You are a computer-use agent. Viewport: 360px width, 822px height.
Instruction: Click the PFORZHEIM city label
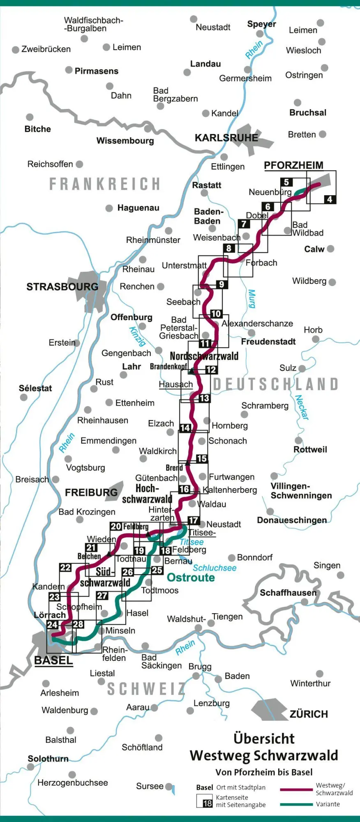293,166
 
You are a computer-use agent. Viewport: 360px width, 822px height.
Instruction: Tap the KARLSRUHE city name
226,138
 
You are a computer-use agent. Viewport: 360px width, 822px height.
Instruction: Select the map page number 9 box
222,284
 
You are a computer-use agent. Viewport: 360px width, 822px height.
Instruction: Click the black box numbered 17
193,520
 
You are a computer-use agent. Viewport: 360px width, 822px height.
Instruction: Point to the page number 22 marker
65,568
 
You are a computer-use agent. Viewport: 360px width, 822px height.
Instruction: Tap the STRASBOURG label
62,287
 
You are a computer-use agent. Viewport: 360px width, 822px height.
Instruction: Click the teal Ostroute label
191,577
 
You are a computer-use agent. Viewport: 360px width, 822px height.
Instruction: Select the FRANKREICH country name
105,184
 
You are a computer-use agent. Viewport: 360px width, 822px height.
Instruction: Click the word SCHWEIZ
146,689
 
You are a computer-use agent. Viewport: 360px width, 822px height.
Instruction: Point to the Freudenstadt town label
268,342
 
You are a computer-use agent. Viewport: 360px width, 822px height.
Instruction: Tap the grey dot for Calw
330,249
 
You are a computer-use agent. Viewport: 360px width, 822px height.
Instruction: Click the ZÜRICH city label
309,714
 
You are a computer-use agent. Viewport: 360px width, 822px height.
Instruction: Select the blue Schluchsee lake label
215,568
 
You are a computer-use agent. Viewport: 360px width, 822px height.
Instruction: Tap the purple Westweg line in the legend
296,789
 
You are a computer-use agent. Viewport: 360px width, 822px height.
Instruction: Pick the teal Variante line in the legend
296,804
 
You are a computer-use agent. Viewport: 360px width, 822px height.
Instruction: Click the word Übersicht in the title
264,739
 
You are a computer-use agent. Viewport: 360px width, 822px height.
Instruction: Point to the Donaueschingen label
292,520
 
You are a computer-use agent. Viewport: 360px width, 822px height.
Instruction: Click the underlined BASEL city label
53,660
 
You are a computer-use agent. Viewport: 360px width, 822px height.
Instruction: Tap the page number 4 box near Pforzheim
330,199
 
